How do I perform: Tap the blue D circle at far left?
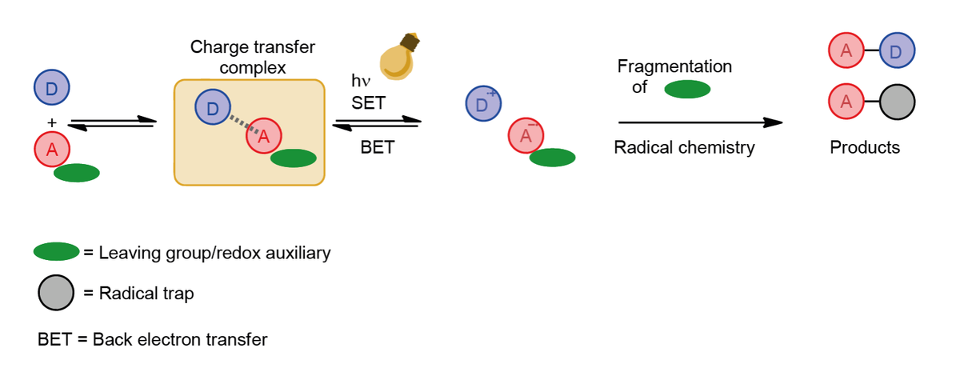pyautogui.click(x=52, y=87)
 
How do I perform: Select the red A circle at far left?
pyautogui.click(x=52, y=149)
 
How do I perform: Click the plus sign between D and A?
pyautogui.click(x=52, y=122)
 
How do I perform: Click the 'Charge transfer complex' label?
pyautogui.click(x=253, y=58)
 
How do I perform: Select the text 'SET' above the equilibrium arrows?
pyautogui.click(x=368, y=103)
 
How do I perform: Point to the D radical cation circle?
pyautogui.click(x=483, y=104)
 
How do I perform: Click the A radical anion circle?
pyautogui.click(x=526, y=135)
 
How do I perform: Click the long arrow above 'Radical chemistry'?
pyautogui.click(x=700, y=122)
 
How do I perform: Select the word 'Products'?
pyautogui.click(x=865, y=148)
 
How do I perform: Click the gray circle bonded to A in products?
pyautogui.click(x=898, y=103)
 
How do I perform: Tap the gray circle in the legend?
pyautogui.click(x=55, y=294)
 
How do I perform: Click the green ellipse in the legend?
pyautogui.click(x=56, y=252)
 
